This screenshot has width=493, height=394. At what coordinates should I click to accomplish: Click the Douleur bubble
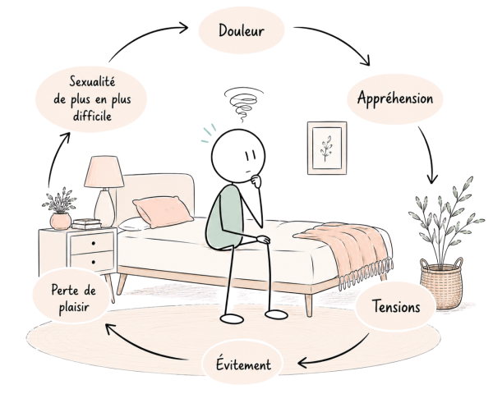point(242,30)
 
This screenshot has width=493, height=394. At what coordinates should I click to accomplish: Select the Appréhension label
point(395,98)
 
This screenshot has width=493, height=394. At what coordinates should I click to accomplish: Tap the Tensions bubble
point(396,306)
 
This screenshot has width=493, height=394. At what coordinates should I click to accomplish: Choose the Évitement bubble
point(242,364)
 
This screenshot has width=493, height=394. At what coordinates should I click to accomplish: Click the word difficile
point(92,116)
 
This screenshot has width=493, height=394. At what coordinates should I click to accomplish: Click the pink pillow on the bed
point(163,211)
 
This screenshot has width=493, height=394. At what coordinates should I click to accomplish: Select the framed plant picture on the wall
point(327,148)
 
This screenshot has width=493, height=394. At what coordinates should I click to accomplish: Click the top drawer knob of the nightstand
point(94,243)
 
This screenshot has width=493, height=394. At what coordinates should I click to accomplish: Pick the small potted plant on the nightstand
point(60,208)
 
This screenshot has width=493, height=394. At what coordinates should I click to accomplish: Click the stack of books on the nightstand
point(87,224)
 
